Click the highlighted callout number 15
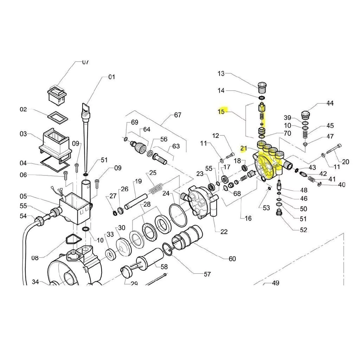[221, 112]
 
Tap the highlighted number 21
[244, 148]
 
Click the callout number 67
[178, 115]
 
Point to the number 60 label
[232, 259]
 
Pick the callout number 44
[330, 103]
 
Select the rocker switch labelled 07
[56, 95]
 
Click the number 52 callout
[303, 230]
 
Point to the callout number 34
[36, 282]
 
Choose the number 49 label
[275, 283]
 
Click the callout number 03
[23, 134]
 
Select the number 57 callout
[207, 274]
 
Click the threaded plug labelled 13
[262, 86]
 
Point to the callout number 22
[224, 232]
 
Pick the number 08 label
[34, 258]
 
